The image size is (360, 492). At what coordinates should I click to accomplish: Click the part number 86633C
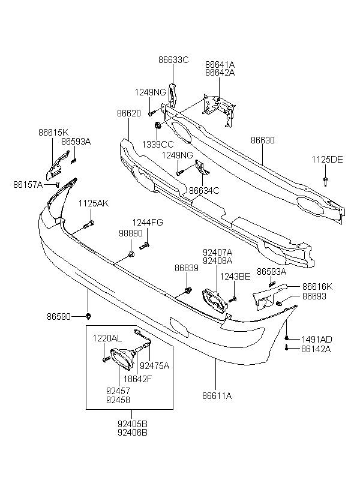tap(173, 59)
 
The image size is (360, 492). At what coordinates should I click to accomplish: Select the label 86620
tap(128, 113)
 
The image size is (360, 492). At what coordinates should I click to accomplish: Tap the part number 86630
tap(262, 140)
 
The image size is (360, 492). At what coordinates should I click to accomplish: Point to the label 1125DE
tap(327, 160)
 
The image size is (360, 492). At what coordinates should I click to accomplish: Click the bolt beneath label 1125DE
tap(325, 181)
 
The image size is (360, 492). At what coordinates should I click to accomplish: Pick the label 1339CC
tap(158, 145)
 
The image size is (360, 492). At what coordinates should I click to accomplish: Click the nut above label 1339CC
tap(158, 125)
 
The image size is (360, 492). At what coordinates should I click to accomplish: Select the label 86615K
tap(53, 133)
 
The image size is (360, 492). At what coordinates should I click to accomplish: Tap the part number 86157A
tap(28, 185)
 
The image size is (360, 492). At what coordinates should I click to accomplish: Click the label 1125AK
tap(94, 203)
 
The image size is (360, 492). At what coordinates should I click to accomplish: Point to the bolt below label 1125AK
tap(89, 224)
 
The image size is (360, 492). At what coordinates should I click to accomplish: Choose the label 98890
tap(131, 233)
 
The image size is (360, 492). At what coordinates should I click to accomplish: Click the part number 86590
tap(59, 317)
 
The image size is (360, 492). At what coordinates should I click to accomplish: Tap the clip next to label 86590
tap(89, 316)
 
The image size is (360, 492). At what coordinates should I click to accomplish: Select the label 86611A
tap(217, 396)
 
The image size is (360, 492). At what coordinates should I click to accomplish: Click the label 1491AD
tap(317, 340)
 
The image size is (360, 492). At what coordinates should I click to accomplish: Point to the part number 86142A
tap(316, 349)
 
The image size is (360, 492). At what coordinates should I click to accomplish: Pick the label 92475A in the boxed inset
tap(154, 366)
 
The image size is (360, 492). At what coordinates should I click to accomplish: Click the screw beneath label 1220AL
tap(106, 359)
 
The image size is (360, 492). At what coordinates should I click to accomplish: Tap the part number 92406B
tap(133, 433)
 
